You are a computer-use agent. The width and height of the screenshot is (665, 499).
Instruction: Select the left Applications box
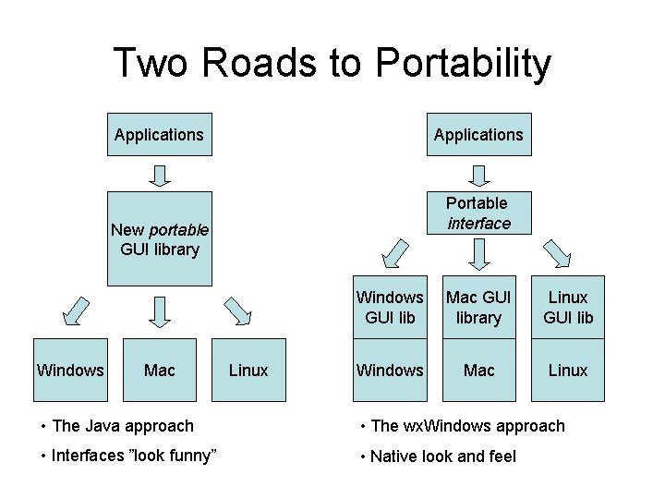coord(159,135)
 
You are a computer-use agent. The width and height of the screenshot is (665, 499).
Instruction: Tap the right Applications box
coord(478,135)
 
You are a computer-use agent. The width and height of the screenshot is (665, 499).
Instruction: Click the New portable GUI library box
coord(159,238)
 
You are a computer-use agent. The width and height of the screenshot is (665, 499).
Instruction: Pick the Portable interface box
coord(478,213)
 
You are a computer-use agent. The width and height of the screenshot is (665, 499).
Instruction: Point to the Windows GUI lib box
coord(390,308)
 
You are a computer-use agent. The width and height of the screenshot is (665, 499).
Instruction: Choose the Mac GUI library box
coord(478,308)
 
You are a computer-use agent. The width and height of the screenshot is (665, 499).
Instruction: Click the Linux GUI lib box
coord(568,308)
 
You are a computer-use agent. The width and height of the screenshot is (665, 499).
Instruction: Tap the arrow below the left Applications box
coord(159,175)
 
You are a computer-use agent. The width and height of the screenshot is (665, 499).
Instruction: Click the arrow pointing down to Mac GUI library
coord(478,252)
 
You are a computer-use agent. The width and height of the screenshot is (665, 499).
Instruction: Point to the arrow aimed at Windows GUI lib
coord(394,252)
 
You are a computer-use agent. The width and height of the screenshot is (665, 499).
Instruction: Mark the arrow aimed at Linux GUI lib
coord(562,252)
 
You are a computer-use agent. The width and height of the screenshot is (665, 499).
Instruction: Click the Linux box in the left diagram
coord(248,371)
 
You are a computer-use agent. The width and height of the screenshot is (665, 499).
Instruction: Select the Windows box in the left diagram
coord(70,371)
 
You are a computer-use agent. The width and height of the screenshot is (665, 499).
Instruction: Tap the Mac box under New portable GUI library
coord(159,371)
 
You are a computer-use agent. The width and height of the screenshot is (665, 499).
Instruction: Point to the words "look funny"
coord(173,456)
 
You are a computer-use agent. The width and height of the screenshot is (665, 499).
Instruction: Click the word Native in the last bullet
coord(394,456)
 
